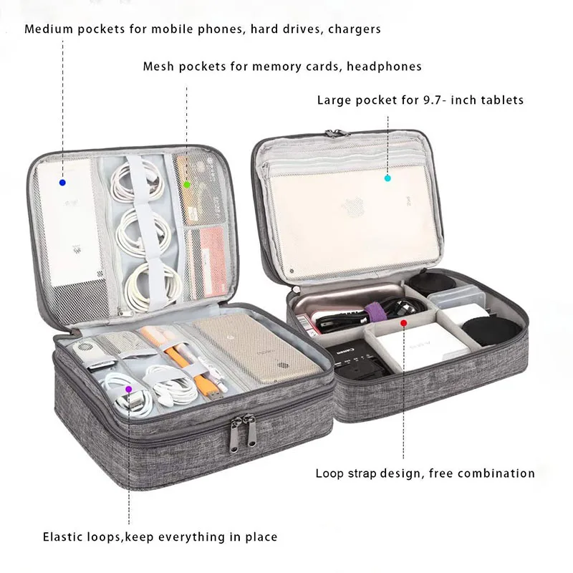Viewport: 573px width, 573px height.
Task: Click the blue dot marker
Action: [62, 183]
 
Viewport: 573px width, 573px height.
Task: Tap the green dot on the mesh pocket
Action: [187, 184]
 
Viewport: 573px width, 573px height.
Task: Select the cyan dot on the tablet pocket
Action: [387, 177]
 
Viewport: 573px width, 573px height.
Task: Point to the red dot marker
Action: [403, 323]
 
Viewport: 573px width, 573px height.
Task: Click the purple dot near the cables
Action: [129, 389]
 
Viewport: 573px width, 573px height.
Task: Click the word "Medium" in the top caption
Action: [47, 29]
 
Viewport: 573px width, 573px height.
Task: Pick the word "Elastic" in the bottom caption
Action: [63, 536]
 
